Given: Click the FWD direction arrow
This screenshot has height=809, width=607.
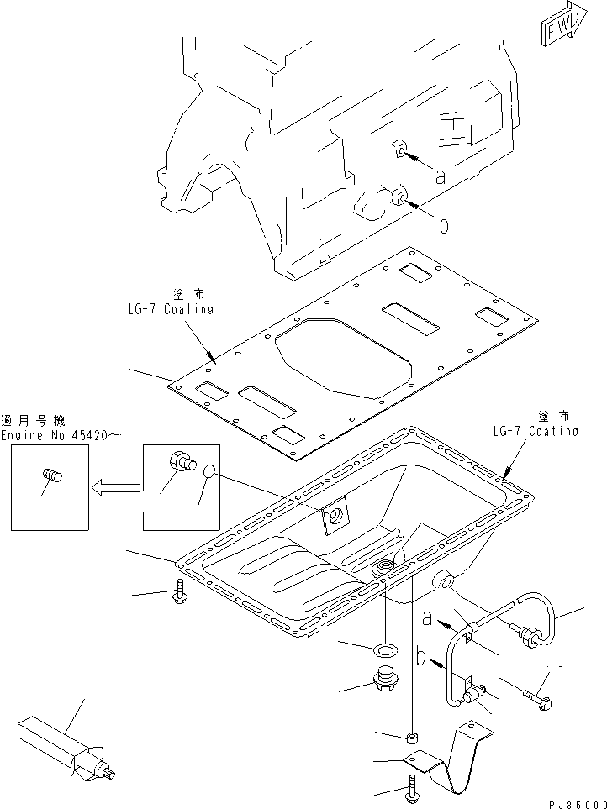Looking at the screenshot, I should point(559,31).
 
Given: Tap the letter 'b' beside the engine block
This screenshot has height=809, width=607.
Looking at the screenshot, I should point(443,224).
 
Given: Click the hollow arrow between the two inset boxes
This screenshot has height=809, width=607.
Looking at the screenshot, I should point(116,486).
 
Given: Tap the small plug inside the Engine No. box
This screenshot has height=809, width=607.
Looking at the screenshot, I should point(52,478).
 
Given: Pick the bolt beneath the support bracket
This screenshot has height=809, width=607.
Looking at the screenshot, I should point(412,790).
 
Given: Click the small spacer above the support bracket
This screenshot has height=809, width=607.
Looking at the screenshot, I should point(412,738).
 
